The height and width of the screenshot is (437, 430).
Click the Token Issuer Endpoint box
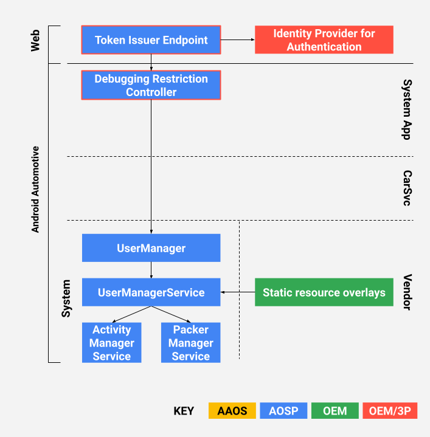151,40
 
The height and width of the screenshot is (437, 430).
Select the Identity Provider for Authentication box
324,40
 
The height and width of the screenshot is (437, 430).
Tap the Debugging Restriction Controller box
151,85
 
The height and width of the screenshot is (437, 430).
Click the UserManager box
151,248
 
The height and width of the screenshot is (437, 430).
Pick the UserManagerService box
151,292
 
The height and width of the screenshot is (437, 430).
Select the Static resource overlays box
324,292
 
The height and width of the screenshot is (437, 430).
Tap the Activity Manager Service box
111,343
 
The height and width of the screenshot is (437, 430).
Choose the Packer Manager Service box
190,343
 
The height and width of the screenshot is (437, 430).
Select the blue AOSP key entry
283,411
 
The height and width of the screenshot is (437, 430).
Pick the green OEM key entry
335,411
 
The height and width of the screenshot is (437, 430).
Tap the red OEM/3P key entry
389,411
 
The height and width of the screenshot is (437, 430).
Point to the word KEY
184,411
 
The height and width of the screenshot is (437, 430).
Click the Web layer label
35,40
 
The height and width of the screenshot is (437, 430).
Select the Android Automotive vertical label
35,189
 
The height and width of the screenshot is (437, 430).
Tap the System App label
407,109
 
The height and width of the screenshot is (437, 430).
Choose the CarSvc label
407,188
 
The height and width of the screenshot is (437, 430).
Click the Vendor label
407,292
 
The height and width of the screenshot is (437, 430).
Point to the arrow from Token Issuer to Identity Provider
237,40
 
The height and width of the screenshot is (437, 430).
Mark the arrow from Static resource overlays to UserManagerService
237,292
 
